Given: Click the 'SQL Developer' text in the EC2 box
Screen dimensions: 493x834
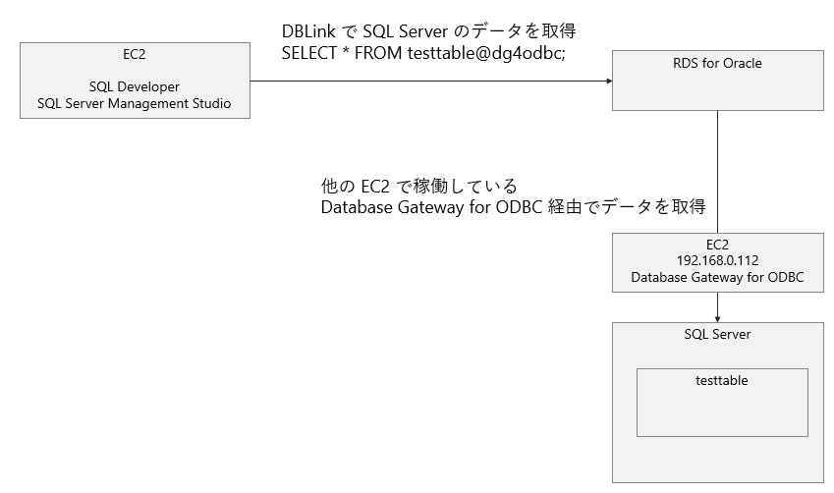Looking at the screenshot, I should (x=135, y=87).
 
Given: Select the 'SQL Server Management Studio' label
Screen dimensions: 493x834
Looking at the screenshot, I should (x=135, y=103).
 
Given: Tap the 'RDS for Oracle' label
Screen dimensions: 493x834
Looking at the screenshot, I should (x=717, y=64).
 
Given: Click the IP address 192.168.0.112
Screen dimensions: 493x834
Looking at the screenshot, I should (x=717, y=261).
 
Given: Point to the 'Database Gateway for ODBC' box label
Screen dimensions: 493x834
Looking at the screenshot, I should (x=717, y=278).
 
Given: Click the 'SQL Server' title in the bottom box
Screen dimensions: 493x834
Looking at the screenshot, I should (x=717, y=335).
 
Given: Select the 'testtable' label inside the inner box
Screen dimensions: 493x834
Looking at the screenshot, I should (x=721, y=380).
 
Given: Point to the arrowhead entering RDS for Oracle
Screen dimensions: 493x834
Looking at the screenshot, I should (x=606, y=81).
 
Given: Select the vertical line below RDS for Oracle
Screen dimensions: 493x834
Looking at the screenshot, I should (x=718, y=172).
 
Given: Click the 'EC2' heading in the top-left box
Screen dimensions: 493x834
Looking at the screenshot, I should (x=135, y=54).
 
